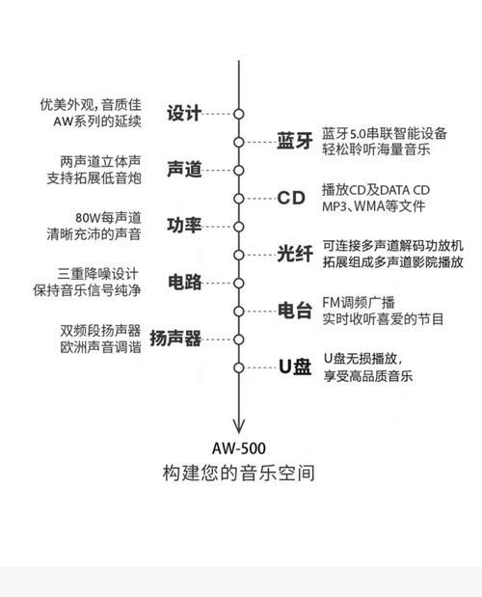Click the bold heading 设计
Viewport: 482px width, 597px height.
tap(184, 114)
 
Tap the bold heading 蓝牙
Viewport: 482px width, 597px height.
tap(295, 141)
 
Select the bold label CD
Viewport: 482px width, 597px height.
tap(291, 198)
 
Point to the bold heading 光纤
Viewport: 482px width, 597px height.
tap(295, 254)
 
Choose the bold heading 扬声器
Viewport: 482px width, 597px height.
tap(175, 339)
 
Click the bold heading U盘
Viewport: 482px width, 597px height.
tap(295, 366)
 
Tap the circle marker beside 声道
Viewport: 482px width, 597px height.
tap(238, 170)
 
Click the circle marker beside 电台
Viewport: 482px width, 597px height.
tap(238, 312)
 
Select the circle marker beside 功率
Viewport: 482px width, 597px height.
tap(238, 227)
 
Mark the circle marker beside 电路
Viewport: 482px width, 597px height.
tap(238, 284)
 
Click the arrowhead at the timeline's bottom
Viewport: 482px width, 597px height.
tap(238, 427)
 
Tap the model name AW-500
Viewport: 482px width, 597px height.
tap(238, 448)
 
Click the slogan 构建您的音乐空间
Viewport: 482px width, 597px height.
tap(238, 474)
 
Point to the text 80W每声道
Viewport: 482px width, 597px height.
tap(108, 218)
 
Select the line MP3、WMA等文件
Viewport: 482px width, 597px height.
tap(374, 206)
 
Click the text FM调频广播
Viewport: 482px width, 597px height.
tap(359, 302)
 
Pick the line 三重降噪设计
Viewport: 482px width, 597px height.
tap(97, 274)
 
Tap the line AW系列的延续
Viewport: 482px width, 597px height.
tap(97, 122)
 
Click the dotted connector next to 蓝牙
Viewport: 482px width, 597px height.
tap(260, 142)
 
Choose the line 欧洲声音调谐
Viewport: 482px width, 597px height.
tap(100, 347)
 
